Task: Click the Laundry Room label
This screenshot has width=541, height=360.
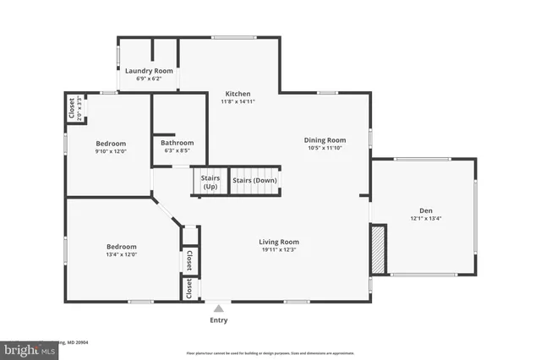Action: (x=149, y=71)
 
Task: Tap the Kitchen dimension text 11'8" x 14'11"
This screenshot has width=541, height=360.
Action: (x=238, y=101)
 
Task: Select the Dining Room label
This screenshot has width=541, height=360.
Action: (x=325, y=139)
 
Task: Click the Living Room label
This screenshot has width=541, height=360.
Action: (x=278, y=242)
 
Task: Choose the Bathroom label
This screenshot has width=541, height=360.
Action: (x=178, y=143)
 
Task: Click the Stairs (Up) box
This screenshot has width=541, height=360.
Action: (x=210, y=182)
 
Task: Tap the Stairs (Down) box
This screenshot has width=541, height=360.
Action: (x=254, y=181)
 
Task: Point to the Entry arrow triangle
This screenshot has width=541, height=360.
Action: (x=218, y=308)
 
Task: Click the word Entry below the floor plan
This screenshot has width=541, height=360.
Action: (x=218, y=320)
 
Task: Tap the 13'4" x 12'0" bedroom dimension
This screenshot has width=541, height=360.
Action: (x=122, y=254)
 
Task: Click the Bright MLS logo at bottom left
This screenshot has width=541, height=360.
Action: (x=25, y=348)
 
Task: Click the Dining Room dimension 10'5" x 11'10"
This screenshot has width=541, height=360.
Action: (x=325, y=148)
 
